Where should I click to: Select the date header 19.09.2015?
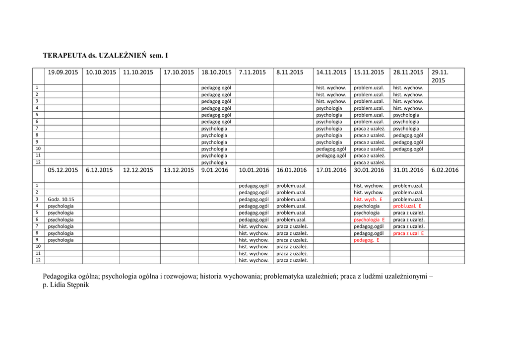63,72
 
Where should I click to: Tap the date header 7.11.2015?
253,72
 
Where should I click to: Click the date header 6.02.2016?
445,170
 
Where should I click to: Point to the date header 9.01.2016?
215,170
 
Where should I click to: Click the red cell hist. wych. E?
368,199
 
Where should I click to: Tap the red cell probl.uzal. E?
407,206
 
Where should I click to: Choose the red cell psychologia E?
369,219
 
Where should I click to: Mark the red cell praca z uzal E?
408,233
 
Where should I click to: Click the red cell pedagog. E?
367,240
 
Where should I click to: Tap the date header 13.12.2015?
179,170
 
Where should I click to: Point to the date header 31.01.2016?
408,170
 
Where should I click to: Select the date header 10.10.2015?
101,72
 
